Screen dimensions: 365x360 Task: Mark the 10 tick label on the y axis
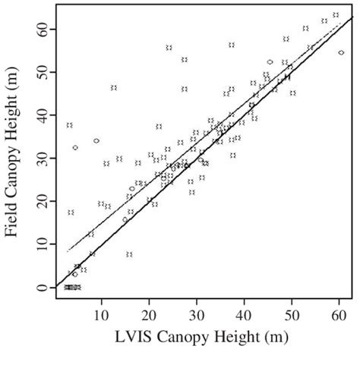(x=40, y=244)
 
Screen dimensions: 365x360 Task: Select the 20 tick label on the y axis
(x=40, y=201)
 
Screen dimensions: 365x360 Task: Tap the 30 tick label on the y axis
(x=40, y=158)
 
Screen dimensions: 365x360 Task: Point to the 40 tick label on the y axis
(x=40, y=115)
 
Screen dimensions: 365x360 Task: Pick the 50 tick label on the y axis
(x=40, y=71)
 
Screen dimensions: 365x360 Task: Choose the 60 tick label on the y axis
(x=40, y=28)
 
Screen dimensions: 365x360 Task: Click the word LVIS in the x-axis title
(x=121, y=335)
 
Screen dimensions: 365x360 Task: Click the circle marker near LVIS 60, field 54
(x=341, y=52)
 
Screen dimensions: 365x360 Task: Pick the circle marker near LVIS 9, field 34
(x=96, y=141)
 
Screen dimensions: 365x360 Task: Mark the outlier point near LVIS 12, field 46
(x=114, y=88)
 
